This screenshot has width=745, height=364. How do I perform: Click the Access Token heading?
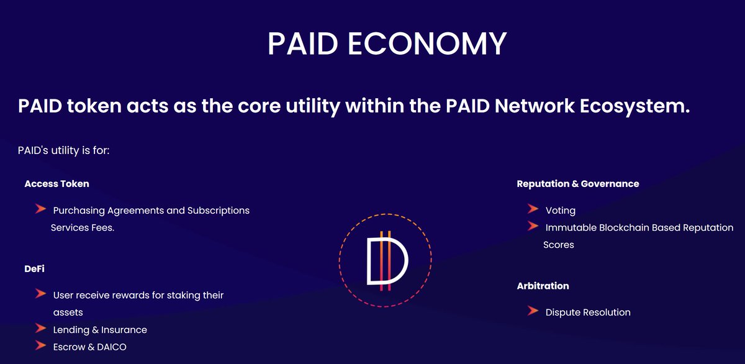point(56,184)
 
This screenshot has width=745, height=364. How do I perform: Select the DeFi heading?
point(34,269)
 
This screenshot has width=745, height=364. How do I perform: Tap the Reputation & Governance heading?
point(577,184)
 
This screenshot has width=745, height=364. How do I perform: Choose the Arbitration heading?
point(543,286)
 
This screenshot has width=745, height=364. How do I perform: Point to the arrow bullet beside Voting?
point(532,209)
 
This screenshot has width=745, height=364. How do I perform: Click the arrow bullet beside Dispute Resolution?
point(532,311)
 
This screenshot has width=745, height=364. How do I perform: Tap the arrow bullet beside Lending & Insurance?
point(41,329)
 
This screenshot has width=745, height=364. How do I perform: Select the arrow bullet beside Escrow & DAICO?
point(41,346)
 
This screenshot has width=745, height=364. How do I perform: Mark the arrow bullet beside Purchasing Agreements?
point(41,209)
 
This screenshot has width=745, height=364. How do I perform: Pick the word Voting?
point(560,211)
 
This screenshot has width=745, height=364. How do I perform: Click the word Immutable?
point(571,228)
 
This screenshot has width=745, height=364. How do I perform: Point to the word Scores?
point(558,245)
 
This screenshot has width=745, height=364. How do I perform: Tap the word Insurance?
point(124,330)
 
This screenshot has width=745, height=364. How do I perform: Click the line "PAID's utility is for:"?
point(64,151)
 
